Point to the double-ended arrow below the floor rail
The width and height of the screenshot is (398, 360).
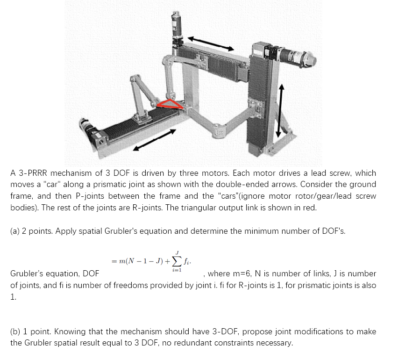(154, 139)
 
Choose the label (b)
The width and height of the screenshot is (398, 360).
(15, 331)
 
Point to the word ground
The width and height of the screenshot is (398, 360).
(360, 184)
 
